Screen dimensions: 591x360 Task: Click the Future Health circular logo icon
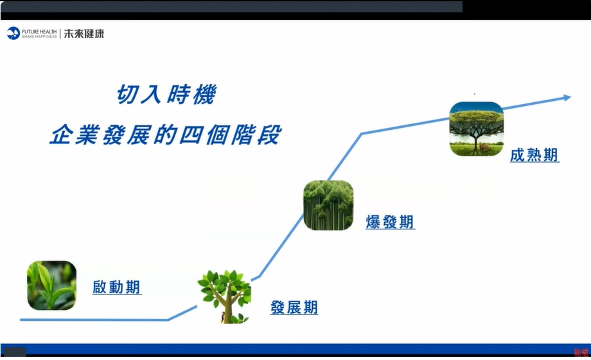point(13,33)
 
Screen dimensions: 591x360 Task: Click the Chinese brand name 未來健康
point(84,33)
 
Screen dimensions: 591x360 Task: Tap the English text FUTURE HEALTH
point(39,32)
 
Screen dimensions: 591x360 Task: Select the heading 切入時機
point(166,94)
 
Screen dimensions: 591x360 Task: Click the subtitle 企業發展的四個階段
point(166,134)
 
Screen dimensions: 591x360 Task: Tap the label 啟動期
point(117,287)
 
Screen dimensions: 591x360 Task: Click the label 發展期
point(294,307)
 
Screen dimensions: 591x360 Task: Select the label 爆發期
point(390,222)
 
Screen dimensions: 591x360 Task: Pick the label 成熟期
point(534,155)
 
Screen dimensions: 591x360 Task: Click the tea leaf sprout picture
point(51,285)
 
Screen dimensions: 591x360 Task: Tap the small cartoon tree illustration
point(225,296)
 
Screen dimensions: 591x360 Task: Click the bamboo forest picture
point(328,205)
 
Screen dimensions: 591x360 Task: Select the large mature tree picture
point(477,129)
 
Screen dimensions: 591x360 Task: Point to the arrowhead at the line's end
point(568,98)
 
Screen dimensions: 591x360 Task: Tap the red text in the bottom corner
point(581,352)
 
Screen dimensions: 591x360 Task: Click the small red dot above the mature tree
point(475,94)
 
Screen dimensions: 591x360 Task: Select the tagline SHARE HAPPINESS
point(39,37)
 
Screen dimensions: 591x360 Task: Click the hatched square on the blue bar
point(15,352)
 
